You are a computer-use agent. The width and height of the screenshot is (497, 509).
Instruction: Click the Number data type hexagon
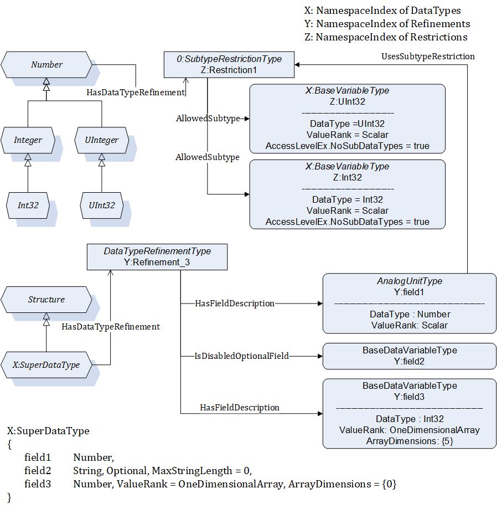(46, 65)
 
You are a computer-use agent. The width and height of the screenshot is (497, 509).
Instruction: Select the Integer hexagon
(28, 140)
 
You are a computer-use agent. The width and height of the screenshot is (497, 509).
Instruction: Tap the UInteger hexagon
(101, 140)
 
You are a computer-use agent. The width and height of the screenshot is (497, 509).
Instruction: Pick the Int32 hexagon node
(28, 205)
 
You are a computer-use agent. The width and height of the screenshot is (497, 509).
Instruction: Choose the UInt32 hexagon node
(101, 205)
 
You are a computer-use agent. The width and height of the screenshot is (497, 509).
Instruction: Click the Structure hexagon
(46, 300)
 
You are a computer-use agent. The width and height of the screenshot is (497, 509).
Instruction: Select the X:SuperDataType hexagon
(46, 365)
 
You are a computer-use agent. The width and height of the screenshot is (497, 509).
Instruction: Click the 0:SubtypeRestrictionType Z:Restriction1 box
(229, 65)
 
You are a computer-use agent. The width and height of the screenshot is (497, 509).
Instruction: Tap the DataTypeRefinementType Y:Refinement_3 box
(157, 257)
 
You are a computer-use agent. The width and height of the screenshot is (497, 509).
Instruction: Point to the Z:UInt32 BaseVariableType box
(348, 119)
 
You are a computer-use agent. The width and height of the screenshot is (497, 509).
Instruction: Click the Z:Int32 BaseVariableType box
(348, 194)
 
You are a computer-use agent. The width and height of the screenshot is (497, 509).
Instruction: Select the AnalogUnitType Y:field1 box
(410, 304)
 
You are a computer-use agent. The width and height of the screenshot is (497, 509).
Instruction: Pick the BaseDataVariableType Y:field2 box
(410, 356)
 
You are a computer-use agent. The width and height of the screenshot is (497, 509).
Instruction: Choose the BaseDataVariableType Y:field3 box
(410, 414)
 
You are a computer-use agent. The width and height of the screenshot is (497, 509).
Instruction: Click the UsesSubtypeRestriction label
(428, 56)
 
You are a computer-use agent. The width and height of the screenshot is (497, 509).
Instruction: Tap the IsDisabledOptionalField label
(241, 356)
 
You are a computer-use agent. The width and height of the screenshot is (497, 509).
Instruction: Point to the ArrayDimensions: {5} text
(410, 441)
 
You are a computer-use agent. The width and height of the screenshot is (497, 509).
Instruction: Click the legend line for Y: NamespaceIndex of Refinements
(387, 24)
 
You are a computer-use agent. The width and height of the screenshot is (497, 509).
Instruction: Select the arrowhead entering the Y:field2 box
(320, 356)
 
